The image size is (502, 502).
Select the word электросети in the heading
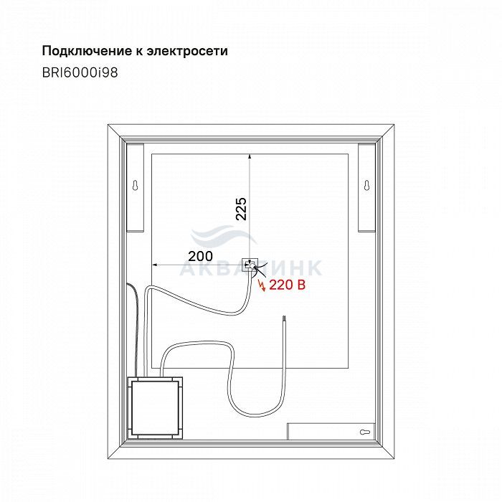187,51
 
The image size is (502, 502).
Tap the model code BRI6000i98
80,72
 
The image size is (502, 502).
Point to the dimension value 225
241,209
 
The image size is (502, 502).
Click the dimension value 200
200,256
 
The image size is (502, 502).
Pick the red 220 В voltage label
288,285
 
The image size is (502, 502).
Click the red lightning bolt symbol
262,285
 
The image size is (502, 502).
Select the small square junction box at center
250,265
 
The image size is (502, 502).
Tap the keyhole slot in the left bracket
136,185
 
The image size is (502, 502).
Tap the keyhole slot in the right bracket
367,185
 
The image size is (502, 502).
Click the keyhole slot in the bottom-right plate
365,432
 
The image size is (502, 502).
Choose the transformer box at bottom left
156,408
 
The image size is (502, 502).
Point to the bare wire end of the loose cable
283,319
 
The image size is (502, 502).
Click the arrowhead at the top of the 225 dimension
250,156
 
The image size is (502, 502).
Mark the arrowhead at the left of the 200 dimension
155,265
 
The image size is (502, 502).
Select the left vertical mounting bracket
136,187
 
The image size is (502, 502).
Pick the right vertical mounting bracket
367,187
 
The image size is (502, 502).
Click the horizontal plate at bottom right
331,432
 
